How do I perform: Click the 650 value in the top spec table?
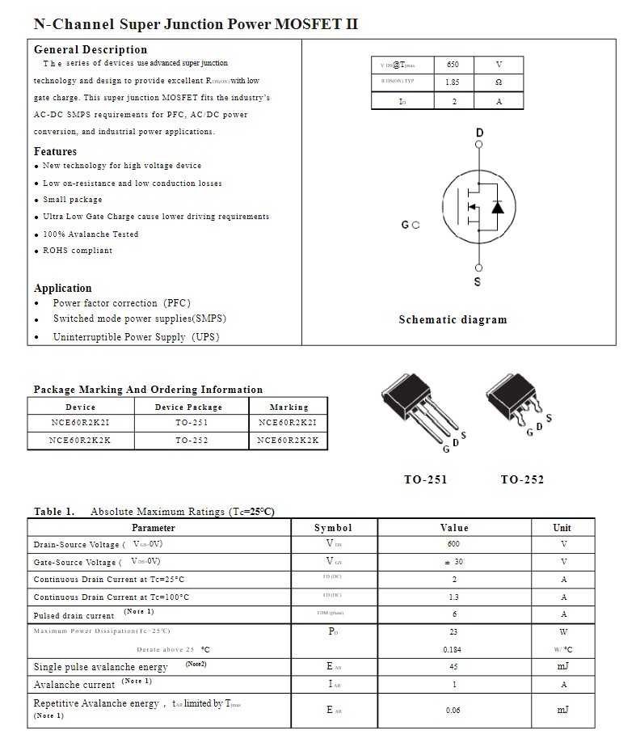click(x=452, y=65)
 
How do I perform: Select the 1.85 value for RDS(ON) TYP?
click(x=452, y=82)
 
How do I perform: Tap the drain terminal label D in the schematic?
click(x=479, y=133)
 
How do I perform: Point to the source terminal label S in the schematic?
click(x=478, y=282)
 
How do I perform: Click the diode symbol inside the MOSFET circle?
click(x=497, y=207)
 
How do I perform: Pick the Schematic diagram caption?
click(x=453, y=319)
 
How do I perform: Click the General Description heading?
click(x=91, y=49)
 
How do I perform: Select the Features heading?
click(x=55, y=151)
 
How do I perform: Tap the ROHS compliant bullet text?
click(x=78, y=251)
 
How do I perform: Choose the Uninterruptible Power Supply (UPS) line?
click(x=136, y=337)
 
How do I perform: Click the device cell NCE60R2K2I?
click(x=80, y=423)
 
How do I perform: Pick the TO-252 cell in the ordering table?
click(x=192, y=441)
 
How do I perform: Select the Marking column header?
click(x=289, y=407)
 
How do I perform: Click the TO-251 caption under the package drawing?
click(x=425, y=479)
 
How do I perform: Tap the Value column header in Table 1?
click(x=453, y=528)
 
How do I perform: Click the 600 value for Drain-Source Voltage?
click(x=453, y=544)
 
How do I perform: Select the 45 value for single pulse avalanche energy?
click(x=453, y=667)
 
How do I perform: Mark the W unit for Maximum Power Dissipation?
click(x=563, y=632)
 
